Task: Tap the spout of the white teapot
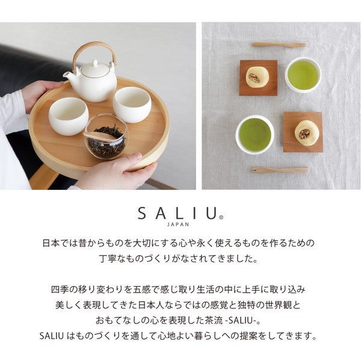(x=67, y=75)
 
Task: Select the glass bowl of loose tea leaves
(x=105, y=137)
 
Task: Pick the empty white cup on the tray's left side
(x=68, y=115)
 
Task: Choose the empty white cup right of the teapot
(x=132, y=103)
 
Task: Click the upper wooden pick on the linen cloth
(x=279, y=44)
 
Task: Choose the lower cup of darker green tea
(x=255, y=134)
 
